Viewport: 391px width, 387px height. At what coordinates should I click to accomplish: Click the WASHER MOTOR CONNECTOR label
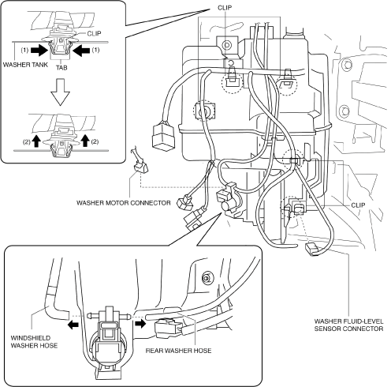point(123,203)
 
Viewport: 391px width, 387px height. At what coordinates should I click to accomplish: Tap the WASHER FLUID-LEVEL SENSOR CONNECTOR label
point(348,325)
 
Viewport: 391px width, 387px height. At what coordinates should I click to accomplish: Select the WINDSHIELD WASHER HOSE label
point(34,342)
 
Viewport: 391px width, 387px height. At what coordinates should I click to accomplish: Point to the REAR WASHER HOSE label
point(178,351)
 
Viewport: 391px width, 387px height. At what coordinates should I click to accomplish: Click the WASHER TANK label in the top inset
point(25,65)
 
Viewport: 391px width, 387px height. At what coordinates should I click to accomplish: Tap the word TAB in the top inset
point(61,68)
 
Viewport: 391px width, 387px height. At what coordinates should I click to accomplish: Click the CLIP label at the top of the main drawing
point(225,8)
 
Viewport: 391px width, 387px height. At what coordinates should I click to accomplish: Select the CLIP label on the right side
point(358,205)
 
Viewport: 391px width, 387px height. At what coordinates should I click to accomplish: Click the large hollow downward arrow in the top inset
point(61,92)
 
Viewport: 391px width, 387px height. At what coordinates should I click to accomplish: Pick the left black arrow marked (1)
point(39,51)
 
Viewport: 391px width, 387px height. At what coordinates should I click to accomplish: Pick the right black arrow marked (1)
point(81,51)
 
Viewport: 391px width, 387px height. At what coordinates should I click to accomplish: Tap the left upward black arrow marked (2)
point(36,141)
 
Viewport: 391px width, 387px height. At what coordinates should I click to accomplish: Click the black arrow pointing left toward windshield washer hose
point(73,325)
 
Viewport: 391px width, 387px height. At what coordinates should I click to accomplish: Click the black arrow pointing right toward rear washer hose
point(140,324)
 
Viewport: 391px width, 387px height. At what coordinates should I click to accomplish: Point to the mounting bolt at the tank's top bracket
point(226,45)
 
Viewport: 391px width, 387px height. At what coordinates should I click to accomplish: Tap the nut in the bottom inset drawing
point(207,277)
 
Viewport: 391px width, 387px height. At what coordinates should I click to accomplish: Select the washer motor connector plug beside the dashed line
point(140,167)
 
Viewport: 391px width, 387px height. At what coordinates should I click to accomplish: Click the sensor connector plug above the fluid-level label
point(311,249)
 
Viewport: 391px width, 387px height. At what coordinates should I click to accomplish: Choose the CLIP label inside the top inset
point(94,33)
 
